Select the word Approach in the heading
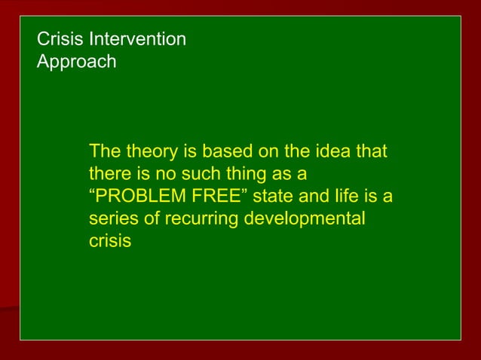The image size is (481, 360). [77, 62]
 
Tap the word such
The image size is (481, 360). [201, 174]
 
